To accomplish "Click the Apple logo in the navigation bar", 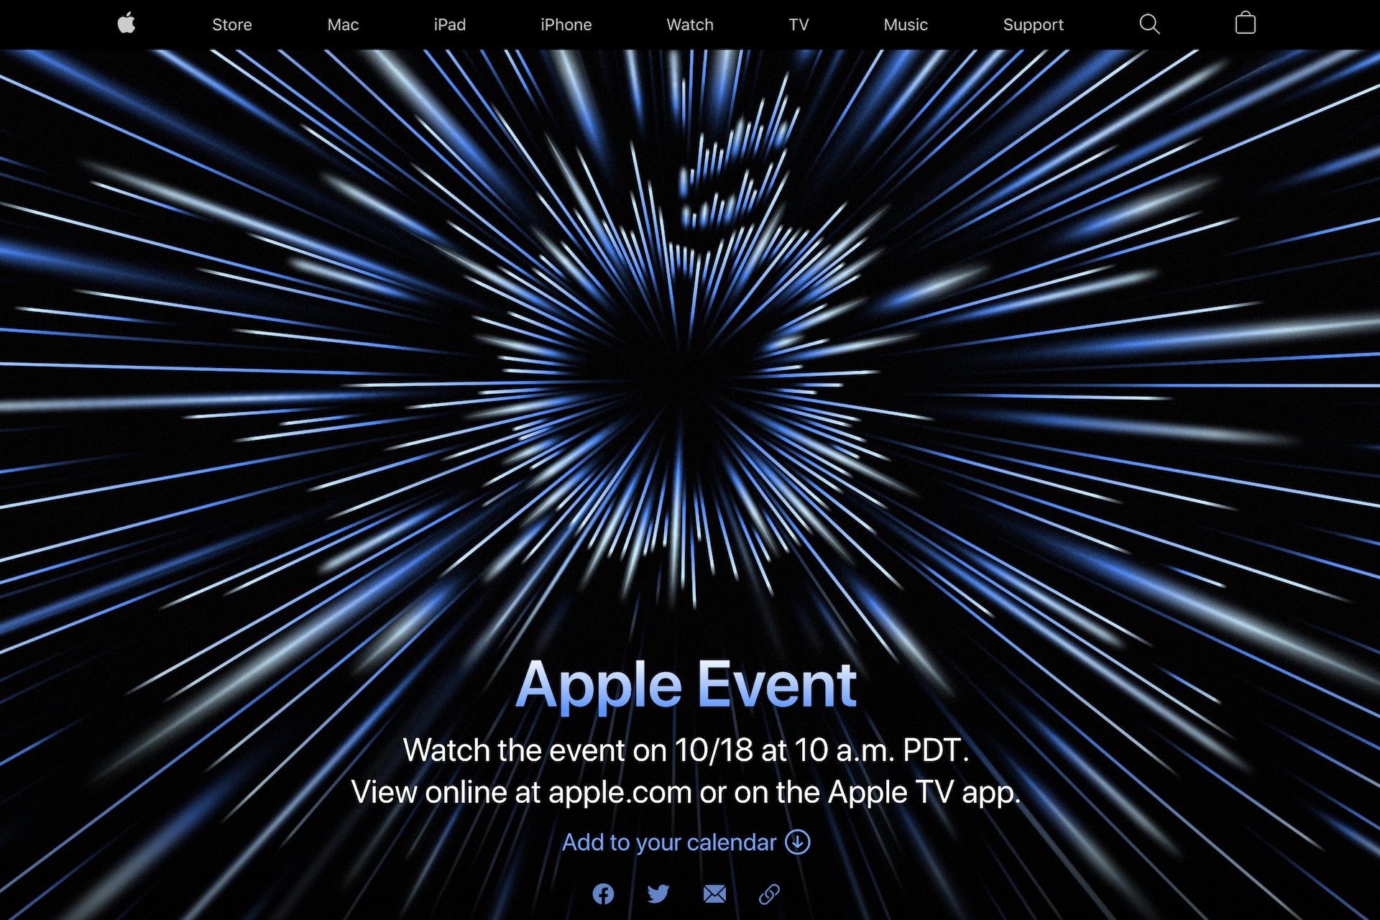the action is [126, 24].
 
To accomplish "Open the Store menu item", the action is [231, 24].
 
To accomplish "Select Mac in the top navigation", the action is [343, 24].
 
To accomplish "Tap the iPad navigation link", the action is [450, 24].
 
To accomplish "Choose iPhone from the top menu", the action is [566, 24].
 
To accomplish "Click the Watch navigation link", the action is [690, 24].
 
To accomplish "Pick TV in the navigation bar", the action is [799, 24].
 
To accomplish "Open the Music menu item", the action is [906, 24].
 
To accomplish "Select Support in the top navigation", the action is [1033, 25].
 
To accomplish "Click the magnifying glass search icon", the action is [1149, 24].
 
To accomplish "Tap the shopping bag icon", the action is [1245, 24].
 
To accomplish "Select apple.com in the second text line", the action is [620, 793].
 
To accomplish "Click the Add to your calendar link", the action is [686, 842].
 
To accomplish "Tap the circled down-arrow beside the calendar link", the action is [798, 842].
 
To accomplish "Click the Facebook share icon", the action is [603, 894].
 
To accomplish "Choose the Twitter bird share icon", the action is [658, 894].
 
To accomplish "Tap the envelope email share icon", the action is [714, 894].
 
